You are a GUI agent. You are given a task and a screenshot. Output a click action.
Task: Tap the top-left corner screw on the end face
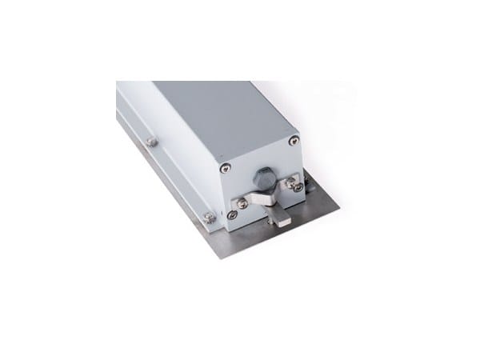pos(226,167)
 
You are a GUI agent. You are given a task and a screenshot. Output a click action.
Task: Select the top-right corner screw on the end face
pos(294,142)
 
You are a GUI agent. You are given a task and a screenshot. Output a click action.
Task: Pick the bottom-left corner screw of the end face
pos(231,214)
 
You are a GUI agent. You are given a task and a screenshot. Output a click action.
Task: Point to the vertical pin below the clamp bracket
pos(272,210)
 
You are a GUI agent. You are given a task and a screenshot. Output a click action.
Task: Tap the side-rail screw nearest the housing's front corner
pos(209,216)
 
